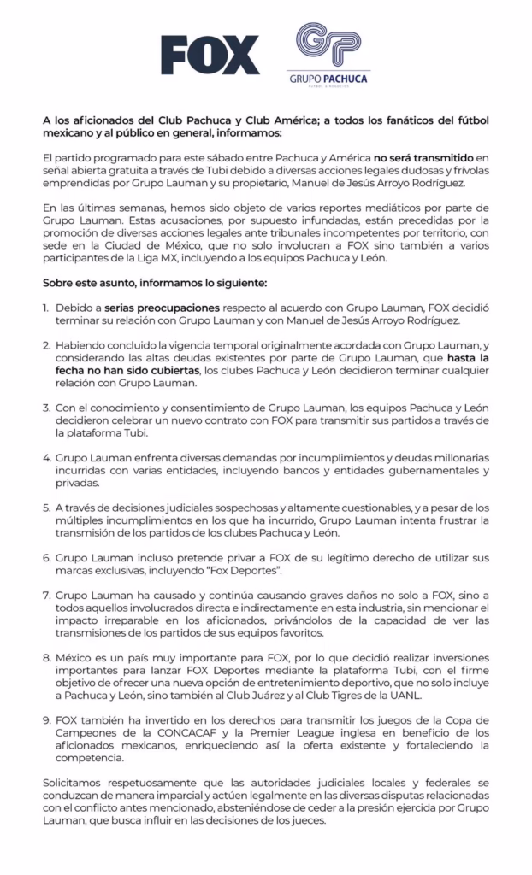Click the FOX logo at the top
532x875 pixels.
[x=210, y=56]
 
